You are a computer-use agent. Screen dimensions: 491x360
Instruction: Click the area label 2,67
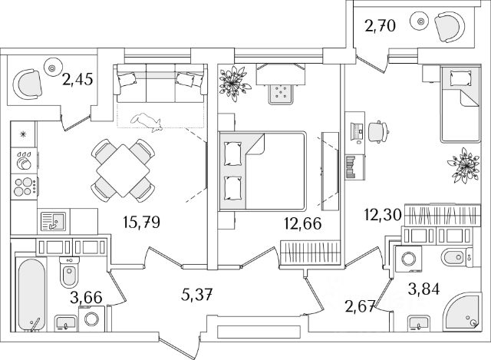(x=359, y=307)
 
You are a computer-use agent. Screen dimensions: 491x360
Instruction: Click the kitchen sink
(x=51, y=221)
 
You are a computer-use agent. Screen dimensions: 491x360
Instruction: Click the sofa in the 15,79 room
(x=159, y=81)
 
